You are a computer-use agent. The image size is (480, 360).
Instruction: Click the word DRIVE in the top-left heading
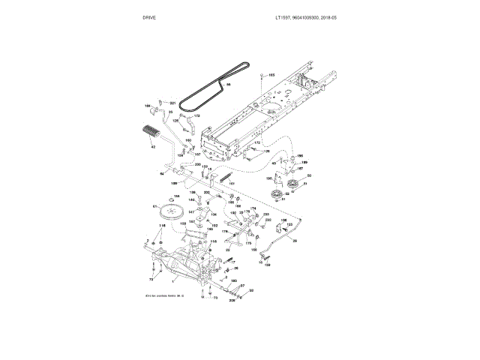pos(149,16)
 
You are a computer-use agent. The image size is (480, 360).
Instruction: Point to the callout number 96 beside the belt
pos(229,86)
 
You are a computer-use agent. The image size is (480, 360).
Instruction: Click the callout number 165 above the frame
pos(271,75)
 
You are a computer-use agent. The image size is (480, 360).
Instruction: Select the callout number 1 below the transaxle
pos(172,280)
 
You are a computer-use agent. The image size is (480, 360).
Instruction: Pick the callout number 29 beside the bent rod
pos(294,241)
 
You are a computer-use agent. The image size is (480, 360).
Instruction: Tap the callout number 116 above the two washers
pos(161,225)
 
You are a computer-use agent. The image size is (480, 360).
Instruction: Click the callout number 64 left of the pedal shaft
pos(161,173)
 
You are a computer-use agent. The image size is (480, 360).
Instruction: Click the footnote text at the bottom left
pos(164,297)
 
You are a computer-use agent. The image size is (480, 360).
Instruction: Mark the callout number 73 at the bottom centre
pos(215,298)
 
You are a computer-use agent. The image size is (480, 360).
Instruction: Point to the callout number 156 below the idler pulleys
pos(283,220)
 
